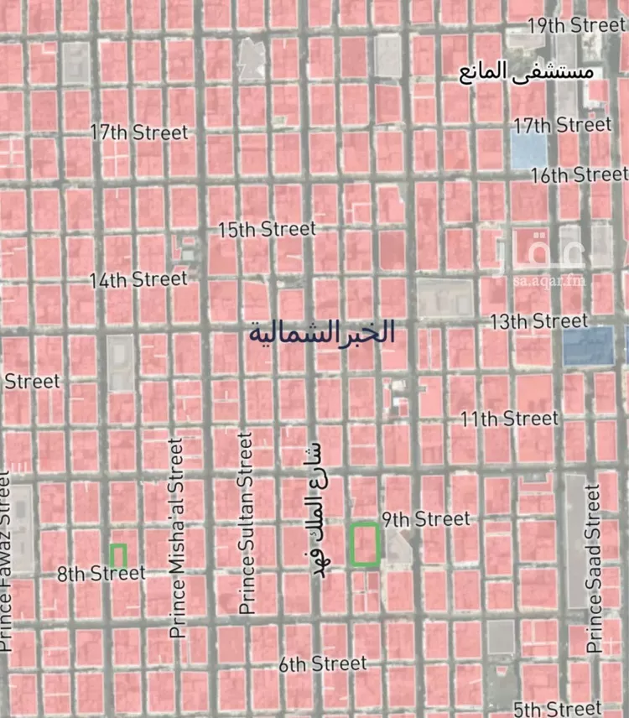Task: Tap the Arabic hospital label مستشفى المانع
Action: tap(526, 70)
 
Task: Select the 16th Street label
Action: tap(579, 175)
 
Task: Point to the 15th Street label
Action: tap(267, 229)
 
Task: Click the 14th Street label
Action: tap(138, 279)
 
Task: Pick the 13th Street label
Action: tap(539, 321)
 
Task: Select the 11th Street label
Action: tap(509, 418)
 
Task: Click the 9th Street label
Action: tap(426, 519)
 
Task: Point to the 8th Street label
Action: tap(101, 575)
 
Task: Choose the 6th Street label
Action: tap(323, 664)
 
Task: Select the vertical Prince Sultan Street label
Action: tap(245, 523)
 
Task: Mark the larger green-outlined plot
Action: tap(365, 544)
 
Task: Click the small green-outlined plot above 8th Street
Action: tap(118, 554)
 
